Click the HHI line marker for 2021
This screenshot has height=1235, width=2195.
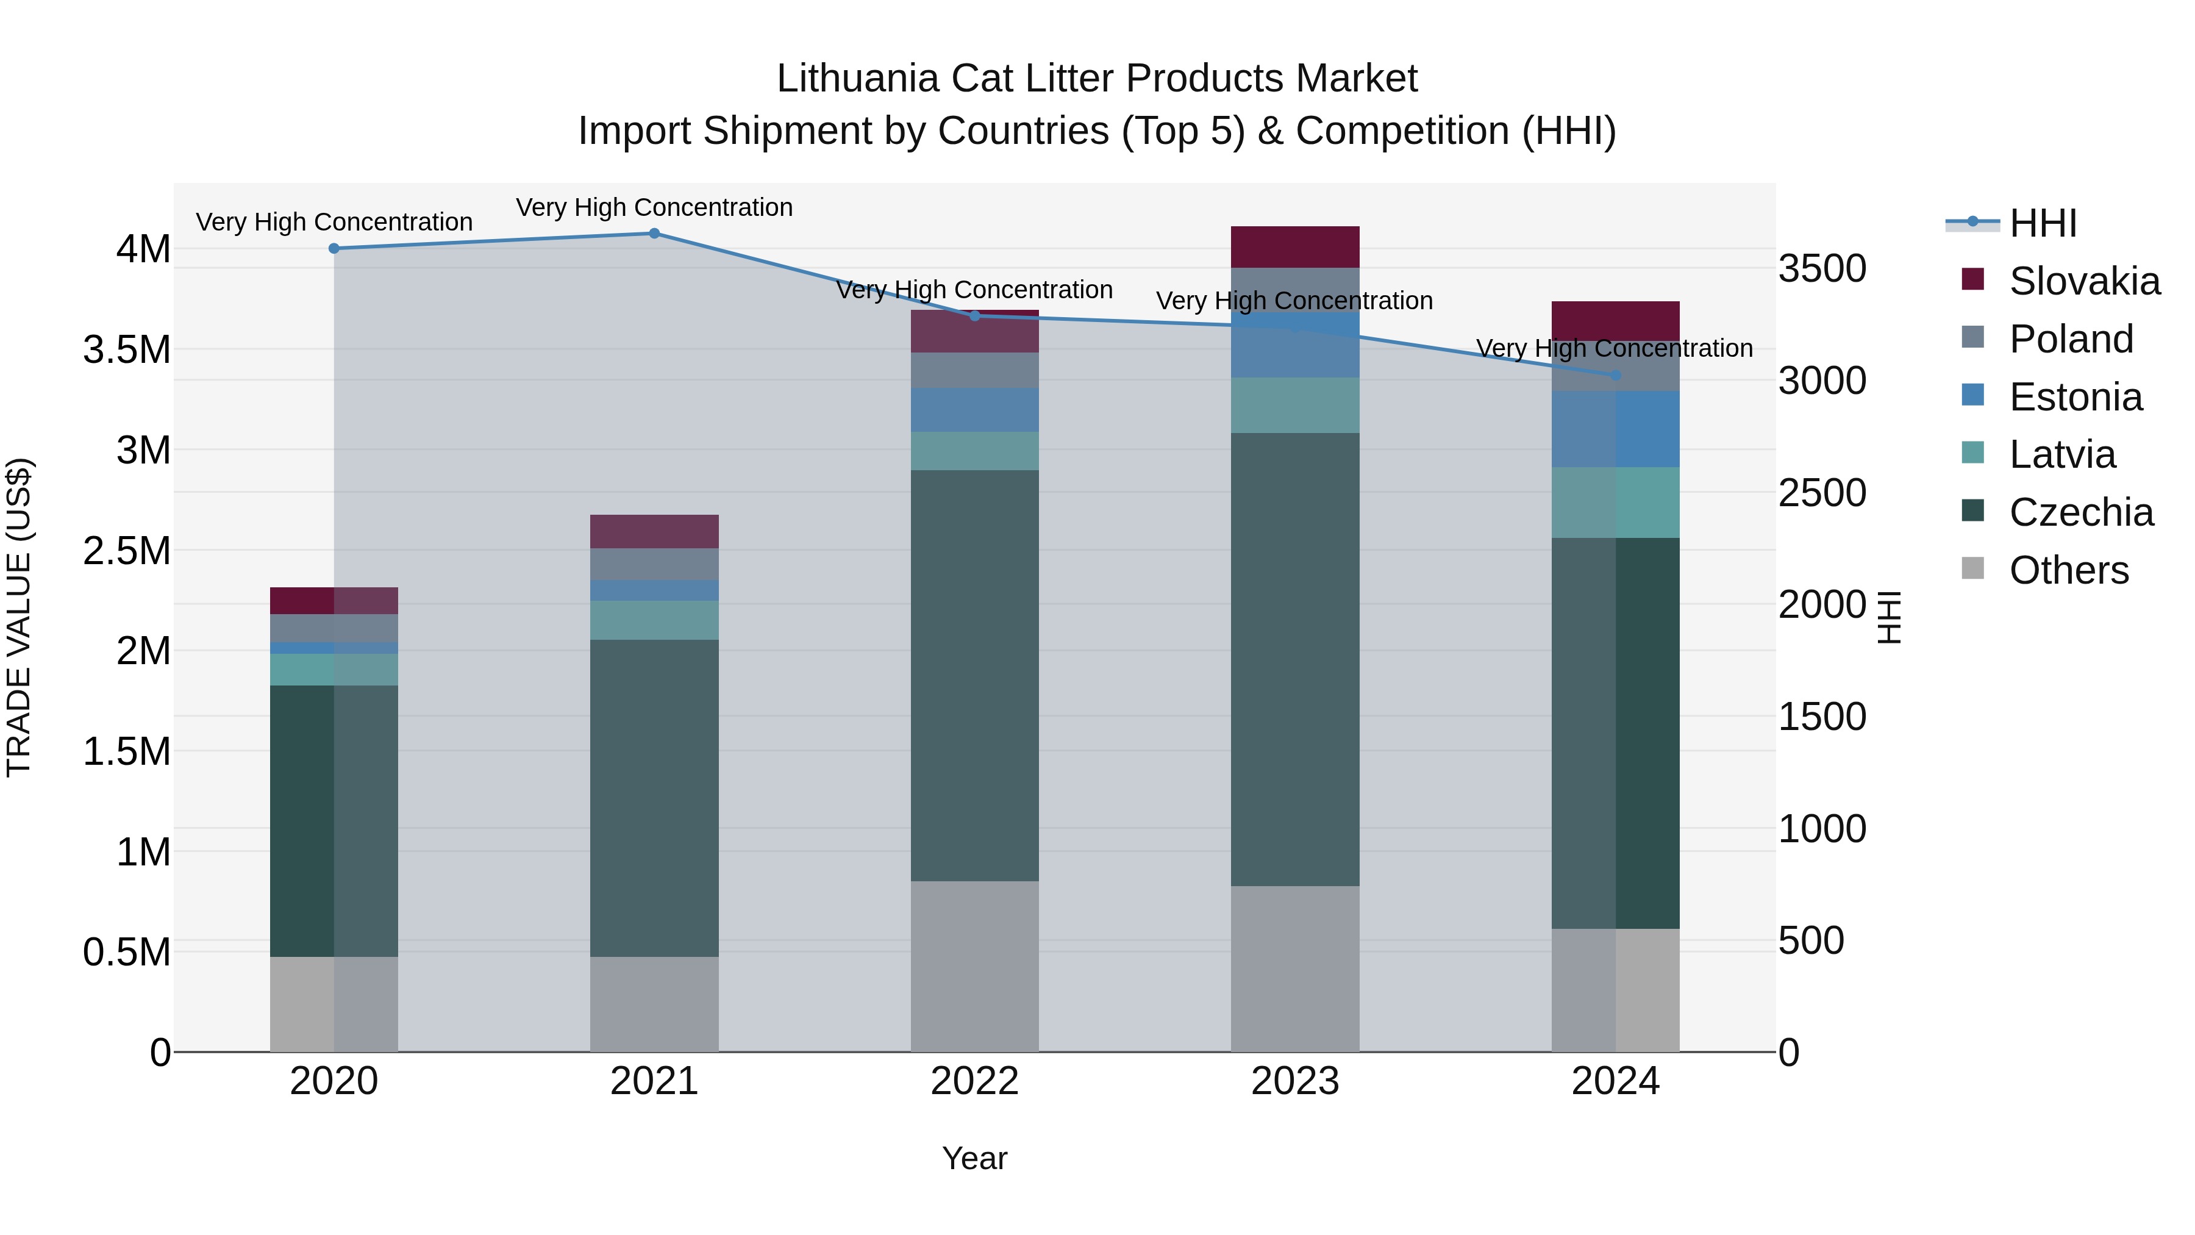click(654, 234)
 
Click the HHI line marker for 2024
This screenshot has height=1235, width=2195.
click(1616, 376)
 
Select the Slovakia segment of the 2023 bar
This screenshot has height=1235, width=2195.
click(1295, 247)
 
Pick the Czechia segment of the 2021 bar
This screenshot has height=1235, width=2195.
click(654, 798)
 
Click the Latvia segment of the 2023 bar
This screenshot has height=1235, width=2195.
click(1295, 406)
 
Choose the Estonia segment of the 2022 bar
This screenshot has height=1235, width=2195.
click(975, 410)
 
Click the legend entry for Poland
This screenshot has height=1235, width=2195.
click(2071, 339)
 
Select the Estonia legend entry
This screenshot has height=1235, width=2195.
click(2075, 397)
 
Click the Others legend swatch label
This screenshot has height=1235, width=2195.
click(2068, 570)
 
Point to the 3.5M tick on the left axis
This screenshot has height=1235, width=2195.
click(126, 350)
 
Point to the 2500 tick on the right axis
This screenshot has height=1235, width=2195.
click(1822, 493)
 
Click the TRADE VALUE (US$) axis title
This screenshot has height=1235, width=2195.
click(19, 617)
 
